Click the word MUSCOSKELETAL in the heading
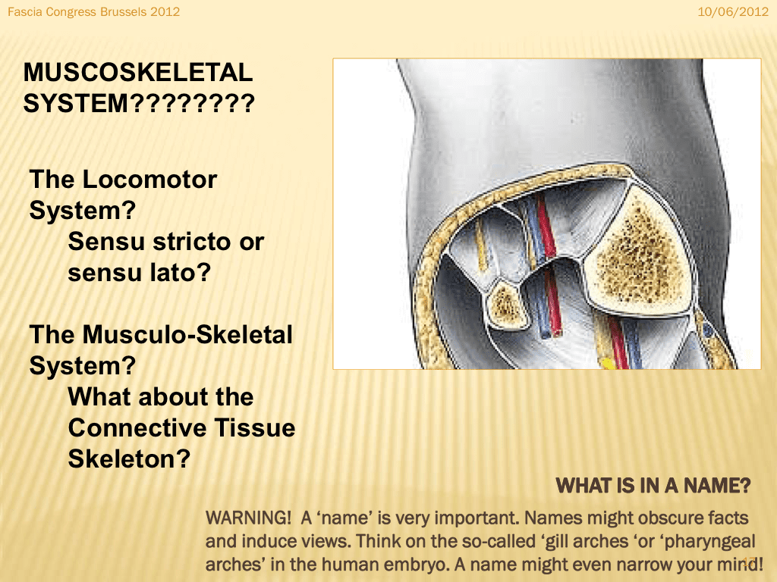point(138,73)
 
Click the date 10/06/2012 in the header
point(733,11)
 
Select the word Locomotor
point(149,179)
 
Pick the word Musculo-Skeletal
point(187,334)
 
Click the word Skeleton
point(129,459)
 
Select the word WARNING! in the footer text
point(248,518)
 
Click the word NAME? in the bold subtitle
point(717,486)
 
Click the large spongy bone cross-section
point(640,252)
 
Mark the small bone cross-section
point(506,305)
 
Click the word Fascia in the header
point(25,11)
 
